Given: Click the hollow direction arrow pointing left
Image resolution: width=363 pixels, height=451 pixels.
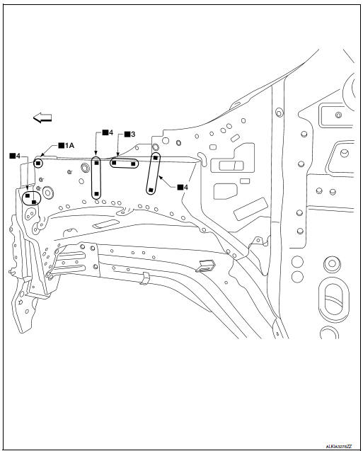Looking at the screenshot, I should pos(43,118).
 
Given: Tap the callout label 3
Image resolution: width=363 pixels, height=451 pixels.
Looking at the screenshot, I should pos(129,134).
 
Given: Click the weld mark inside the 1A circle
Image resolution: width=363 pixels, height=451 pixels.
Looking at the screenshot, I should pos(38,162).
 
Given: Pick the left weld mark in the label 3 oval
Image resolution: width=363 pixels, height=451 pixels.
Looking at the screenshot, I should pos(114,163).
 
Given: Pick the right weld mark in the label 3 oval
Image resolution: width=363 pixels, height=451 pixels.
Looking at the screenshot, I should pos(134,164).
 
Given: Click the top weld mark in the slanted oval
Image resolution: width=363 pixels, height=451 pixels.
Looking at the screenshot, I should pos(155,158).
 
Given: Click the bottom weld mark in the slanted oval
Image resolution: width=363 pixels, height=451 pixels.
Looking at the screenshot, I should pos(151,189).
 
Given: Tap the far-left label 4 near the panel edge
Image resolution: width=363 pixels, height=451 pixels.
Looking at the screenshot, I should pos(14,155).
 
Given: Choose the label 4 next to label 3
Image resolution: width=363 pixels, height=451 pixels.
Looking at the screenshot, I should pos(106,132).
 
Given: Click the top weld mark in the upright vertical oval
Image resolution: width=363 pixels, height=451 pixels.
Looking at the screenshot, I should pos(96,161).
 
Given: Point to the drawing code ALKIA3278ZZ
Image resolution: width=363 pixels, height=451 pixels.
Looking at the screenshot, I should pos(340,446).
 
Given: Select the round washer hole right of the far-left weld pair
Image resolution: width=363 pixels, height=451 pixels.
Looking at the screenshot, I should pos(48,193).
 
